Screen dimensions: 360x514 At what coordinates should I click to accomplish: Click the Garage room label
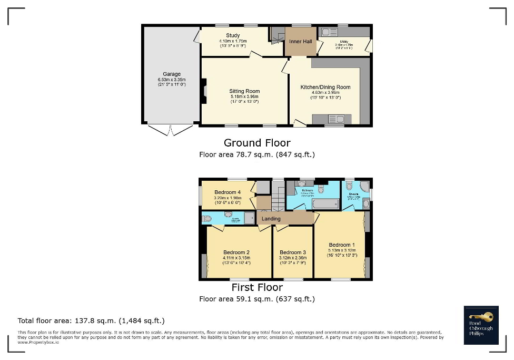(x=172, y=74)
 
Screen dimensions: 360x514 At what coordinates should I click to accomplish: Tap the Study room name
(x=233, y=36)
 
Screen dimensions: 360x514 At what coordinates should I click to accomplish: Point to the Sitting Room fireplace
(x=205, y=91)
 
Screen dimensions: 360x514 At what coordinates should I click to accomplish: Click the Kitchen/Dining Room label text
(x=325, y=87)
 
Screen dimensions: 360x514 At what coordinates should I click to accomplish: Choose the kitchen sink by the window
(x=334, y=119)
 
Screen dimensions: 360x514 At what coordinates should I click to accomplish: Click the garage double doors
(x=170, y=130)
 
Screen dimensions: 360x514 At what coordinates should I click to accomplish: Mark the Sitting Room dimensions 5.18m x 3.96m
(x=244, y=97)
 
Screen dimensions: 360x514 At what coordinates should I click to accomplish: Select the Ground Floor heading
(x=257, y=143)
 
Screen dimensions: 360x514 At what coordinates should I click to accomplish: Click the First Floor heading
(x=257, y=288)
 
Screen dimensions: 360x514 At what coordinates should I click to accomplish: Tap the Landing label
(x=271, y=219)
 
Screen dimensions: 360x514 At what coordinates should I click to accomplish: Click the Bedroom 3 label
(x=293, y=252)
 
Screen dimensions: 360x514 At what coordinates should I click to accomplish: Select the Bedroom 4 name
(x=228, y=192)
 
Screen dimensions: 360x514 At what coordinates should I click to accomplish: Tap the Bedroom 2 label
(x=236, y=252)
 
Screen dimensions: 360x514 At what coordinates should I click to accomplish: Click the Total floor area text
(x=91, y=320)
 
